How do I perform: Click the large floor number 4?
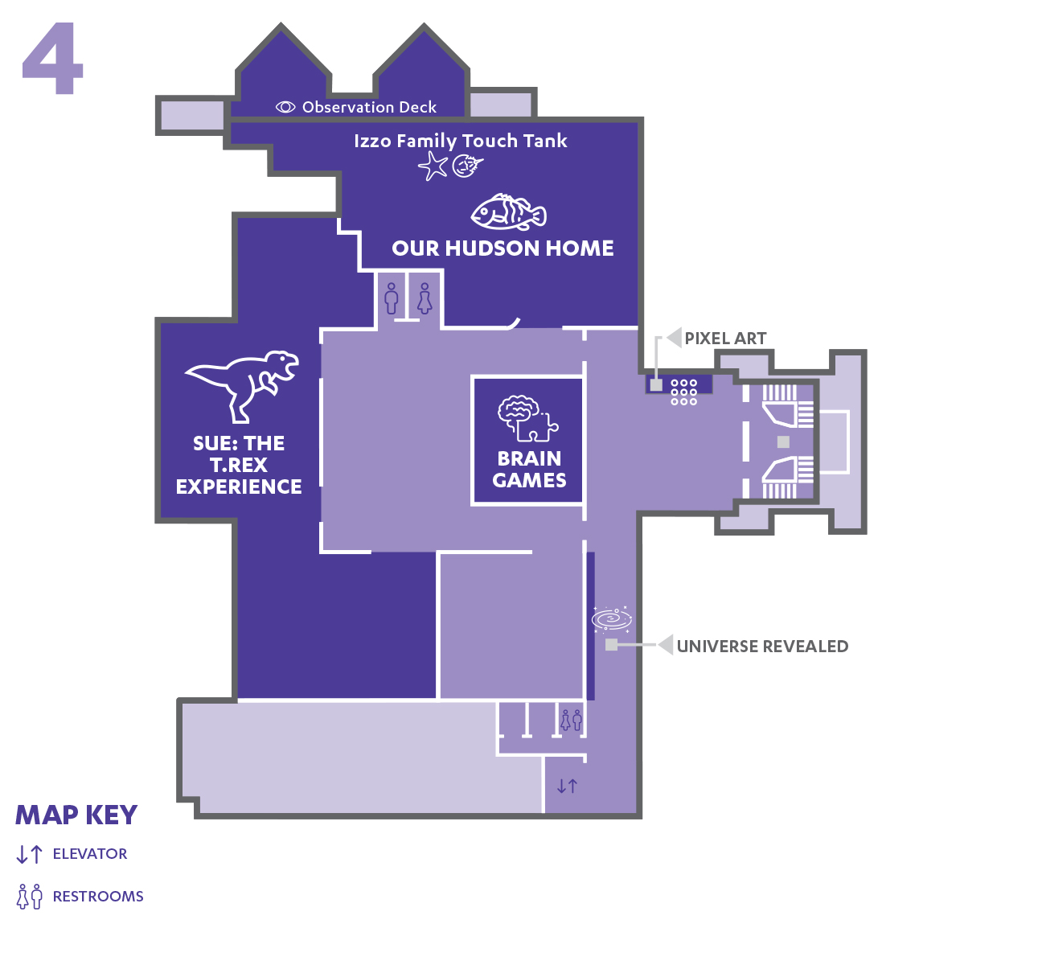[52, 58]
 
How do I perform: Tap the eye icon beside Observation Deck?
[285, 107]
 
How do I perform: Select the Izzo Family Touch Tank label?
[460, 141]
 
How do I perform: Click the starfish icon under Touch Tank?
[433, 166]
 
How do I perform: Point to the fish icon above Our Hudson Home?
[508, 212]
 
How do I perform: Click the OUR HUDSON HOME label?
[503, 248]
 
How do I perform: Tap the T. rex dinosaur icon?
[242, 386]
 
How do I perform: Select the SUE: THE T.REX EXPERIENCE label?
[239, 465]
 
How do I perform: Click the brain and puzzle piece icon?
[527, 418]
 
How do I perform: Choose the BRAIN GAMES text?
[529, 470]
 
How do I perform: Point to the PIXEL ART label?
[725, 339]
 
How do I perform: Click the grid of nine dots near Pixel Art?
[683, 392]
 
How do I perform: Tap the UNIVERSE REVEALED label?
[762, 647]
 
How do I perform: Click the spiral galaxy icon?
[612, 618]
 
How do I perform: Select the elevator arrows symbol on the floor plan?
[567, 786]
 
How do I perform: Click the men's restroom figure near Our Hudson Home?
[392, 298]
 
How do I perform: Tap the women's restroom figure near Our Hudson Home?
[425, 298]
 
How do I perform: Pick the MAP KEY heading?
[76, 815]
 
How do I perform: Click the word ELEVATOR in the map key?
[90, 854]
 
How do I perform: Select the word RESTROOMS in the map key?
[98, 896]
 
